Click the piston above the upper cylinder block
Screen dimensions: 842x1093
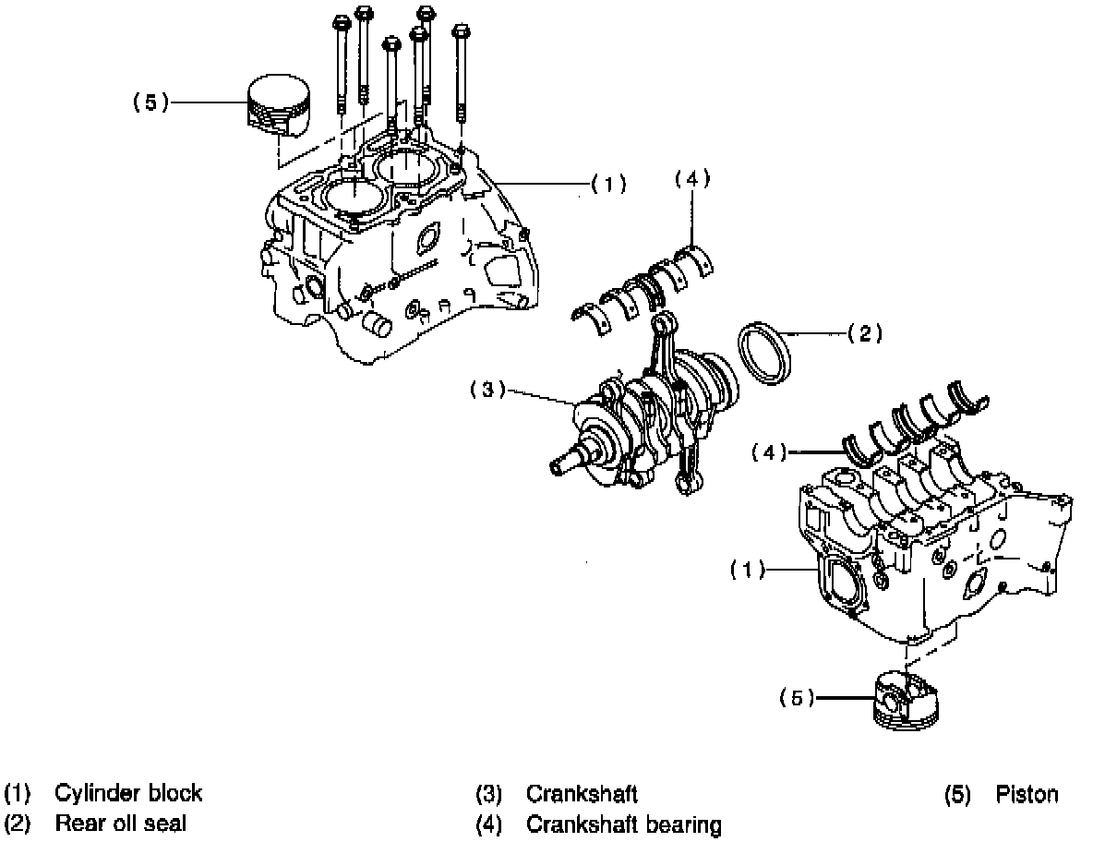[x=278, y=105]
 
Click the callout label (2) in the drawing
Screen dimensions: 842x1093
[x=864, y=334]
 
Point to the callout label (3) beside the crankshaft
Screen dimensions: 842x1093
[x=487, y=391]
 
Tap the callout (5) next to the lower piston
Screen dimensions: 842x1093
[x=797, y=699]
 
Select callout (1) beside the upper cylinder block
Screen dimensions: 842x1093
[x=608, y=184]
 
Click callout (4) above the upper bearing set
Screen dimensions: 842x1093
[x=692, y=179]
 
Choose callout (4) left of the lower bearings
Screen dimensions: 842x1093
[x=769, y=452]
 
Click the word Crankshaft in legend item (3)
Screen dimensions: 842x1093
[x=582, y=793]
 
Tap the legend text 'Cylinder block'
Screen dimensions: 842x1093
[x=128, y=793]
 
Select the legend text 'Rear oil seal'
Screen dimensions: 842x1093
[x=120, y=823]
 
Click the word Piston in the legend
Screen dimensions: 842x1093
[x=1027, y=794]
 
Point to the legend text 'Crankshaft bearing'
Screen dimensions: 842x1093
[x=623, y=824]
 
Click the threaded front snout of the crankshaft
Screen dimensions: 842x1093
[x=562, y=463]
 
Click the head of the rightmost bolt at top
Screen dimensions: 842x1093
[x=462, y=35]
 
